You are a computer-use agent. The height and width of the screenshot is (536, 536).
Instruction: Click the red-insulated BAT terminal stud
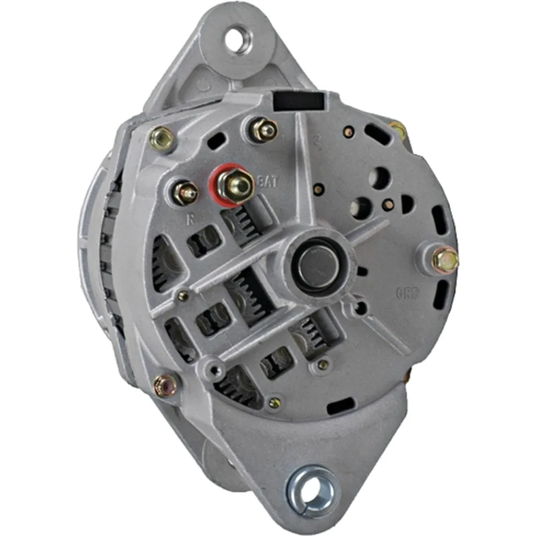tap(236, 185)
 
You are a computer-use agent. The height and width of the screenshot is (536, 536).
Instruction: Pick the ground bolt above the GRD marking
tap(445, 259)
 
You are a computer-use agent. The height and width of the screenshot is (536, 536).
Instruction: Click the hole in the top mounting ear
tap(236, 41)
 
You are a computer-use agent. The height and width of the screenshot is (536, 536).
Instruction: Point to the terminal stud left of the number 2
tap(264, 130)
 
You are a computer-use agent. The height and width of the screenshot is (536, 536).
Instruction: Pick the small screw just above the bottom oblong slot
tap(322, 365)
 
